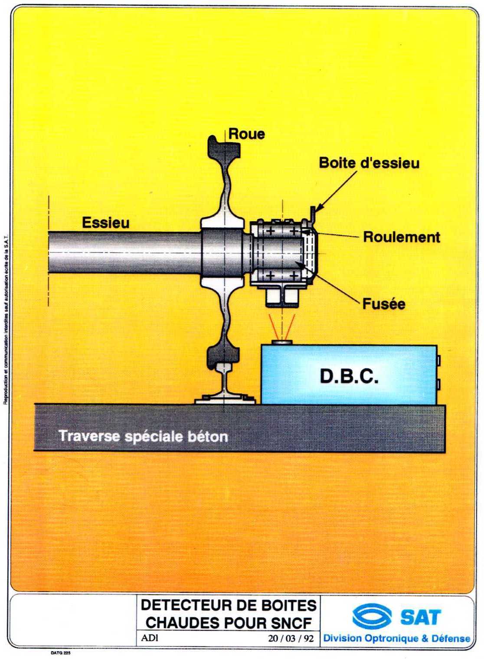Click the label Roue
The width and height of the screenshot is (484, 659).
[x=246, y=134]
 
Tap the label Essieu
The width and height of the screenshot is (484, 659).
[x=106, y=223]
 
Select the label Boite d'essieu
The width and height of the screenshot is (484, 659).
[x=369, y=163]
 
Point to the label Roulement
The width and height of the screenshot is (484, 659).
[x=401, y=237]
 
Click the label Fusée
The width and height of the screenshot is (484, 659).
[x=383, y=304]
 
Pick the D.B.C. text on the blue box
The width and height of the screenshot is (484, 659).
[x=349, y=376]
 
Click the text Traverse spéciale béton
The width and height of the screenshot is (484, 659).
[x=143, y=436]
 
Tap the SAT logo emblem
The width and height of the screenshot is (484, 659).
[x=372, y=616]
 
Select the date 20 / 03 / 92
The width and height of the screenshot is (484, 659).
[x=291, y=638]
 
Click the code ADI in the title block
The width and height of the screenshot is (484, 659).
[x=150, y=638]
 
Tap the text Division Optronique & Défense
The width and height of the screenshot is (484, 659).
[x=396, y=638]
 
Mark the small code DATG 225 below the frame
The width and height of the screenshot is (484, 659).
[x=60, y=652]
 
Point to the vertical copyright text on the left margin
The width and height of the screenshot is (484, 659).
[x=6, y=321]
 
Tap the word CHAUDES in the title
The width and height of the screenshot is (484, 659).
[x=183, y=623]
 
